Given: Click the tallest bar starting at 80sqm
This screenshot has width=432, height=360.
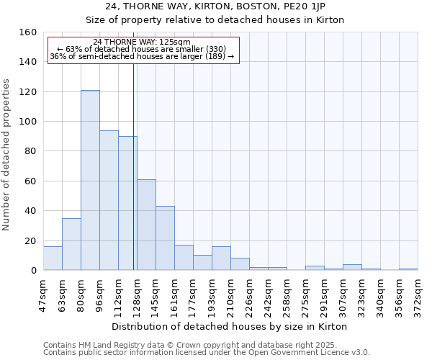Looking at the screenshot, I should point(90,180).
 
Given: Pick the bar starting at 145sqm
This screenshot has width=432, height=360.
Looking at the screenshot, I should point(165,238).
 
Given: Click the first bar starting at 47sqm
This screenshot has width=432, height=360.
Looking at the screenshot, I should point(53,258).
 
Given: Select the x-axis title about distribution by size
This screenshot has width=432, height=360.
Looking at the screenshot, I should point(230,327).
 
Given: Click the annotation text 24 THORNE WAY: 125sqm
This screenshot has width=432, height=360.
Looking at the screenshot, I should point(142,42).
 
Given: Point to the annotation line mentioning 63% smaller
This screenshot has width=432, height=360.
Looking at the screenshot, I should point(142,49).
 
